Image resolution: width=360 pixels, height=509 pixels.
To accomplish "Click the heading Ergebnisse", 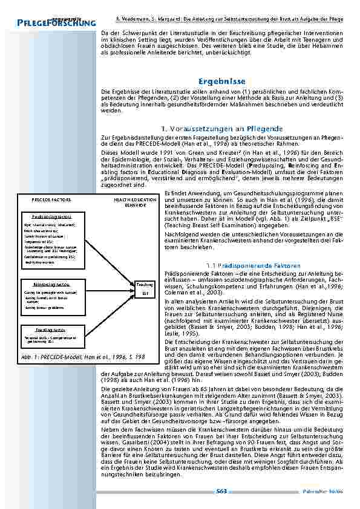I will [221, 80].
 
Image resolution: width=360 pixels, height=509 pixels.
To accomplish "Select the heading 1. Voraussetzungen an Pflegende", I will [222, 129].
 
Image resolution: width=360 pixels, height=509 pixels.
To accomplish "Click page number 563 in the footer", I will [221, 491].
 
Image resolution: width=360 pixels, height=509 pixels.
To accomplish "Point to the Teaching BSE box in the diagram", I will [145, 288].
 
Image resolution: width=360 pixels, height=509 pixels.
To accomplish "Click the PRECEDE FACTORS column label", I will [51, 199].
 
